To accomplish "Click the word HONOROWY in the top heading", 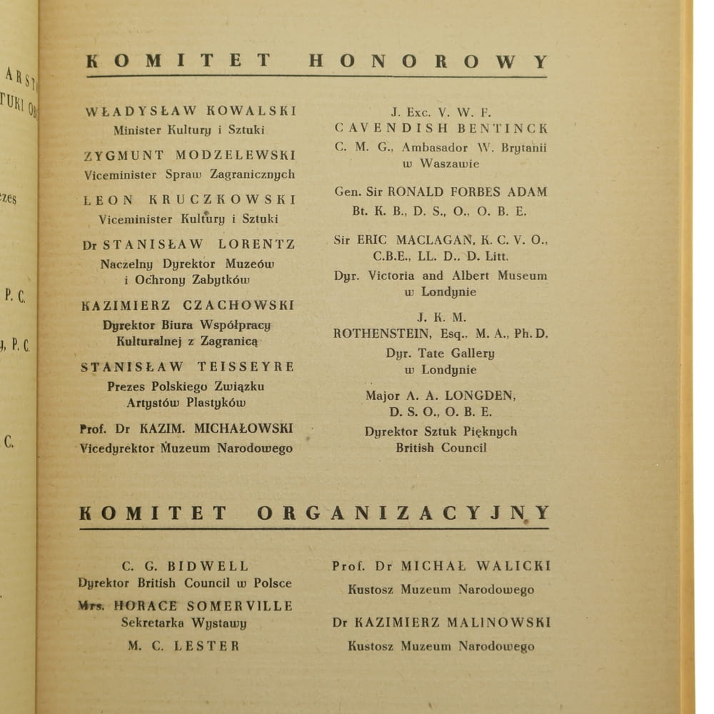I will [428, 61].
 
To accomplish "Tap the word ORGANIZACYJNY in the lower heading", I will [403, 513].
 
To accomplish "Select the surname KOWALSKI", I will [251, 111].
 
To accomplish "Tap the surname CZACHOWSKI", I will [238, 306].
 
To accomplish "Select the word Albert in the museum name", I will [471, 276].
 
